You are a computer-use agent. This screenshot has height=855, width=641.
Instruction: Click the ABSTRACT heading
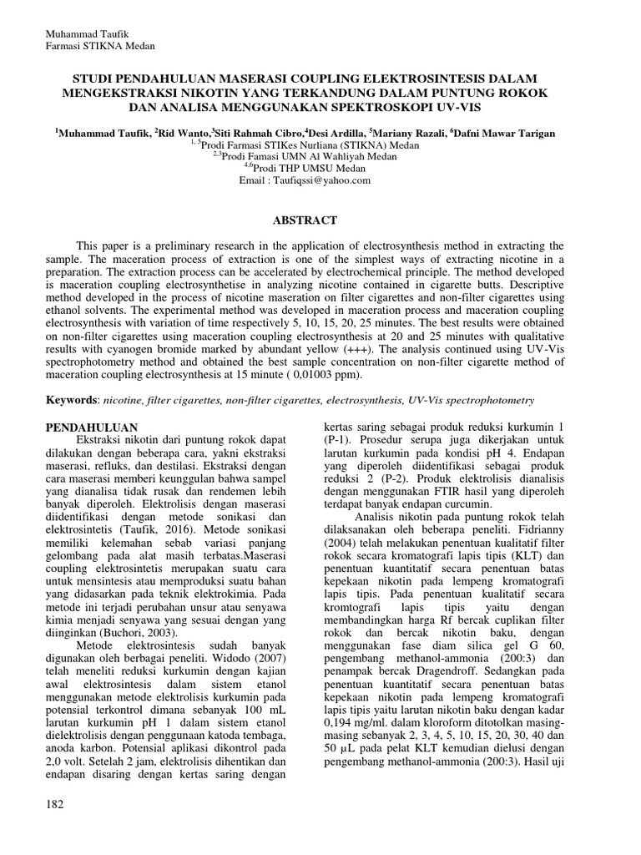click(x=307, y=220)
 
